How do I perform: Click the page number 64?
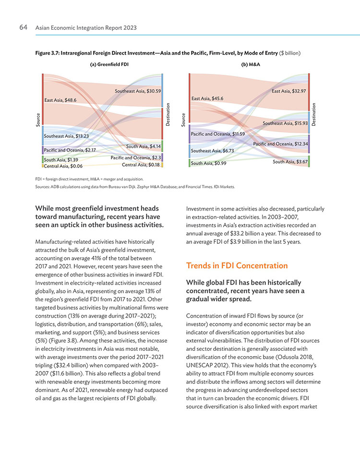[24, 27]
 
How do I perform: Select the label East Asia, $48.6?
[60, 100]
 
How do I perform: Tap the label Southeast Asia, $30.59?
[138, 91]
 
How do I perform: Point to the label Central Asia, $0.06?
[63, 166]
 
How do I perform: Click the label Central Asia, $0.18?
[141, 165]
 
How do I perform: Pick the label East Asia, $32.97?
[288, 91]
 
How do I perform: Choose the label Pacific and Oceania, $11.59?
[218, 134]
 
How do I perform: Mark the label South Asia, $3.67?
[290, 162]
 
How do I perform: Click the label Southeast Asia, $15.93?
[285, 123]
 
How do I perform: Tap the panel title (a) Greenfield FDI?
[109, 64]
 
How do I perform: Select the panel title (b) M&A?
[251, 64]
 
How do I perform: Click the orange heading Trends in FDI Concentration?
[237, 265]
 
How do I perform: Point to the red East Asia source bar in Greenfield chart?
[43, 99]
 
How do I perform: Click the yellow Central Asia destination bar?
[162, 165]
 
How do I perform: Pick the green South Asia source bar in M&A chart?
[190, 163]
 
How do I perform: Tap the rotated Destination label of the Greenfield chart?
[168, 114]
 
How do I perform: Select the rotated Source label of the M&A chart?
[183, 120]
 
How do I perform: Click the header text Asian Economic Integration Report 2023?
[86, 28]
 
